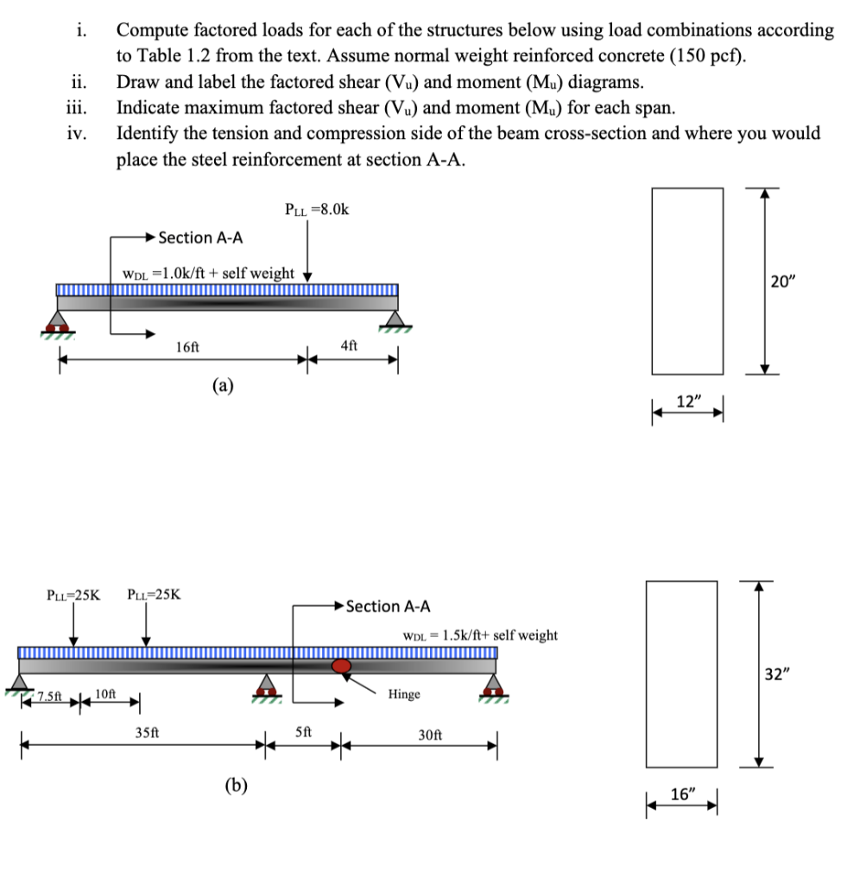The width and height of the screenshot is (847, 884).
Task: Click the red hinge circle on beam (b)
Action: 343,666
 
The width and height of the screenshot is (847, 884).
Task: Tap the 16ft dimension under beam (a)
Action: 186,347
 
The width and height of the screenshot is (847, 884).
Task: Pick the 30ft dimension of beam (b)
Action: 430,735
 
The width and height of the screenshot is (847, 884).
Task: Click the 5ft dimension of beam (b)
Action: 304,729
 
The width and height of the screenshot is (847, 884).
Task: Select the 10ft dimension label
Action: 105,693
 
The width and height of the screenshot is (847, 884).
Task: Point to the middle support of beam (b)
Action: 267,685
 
